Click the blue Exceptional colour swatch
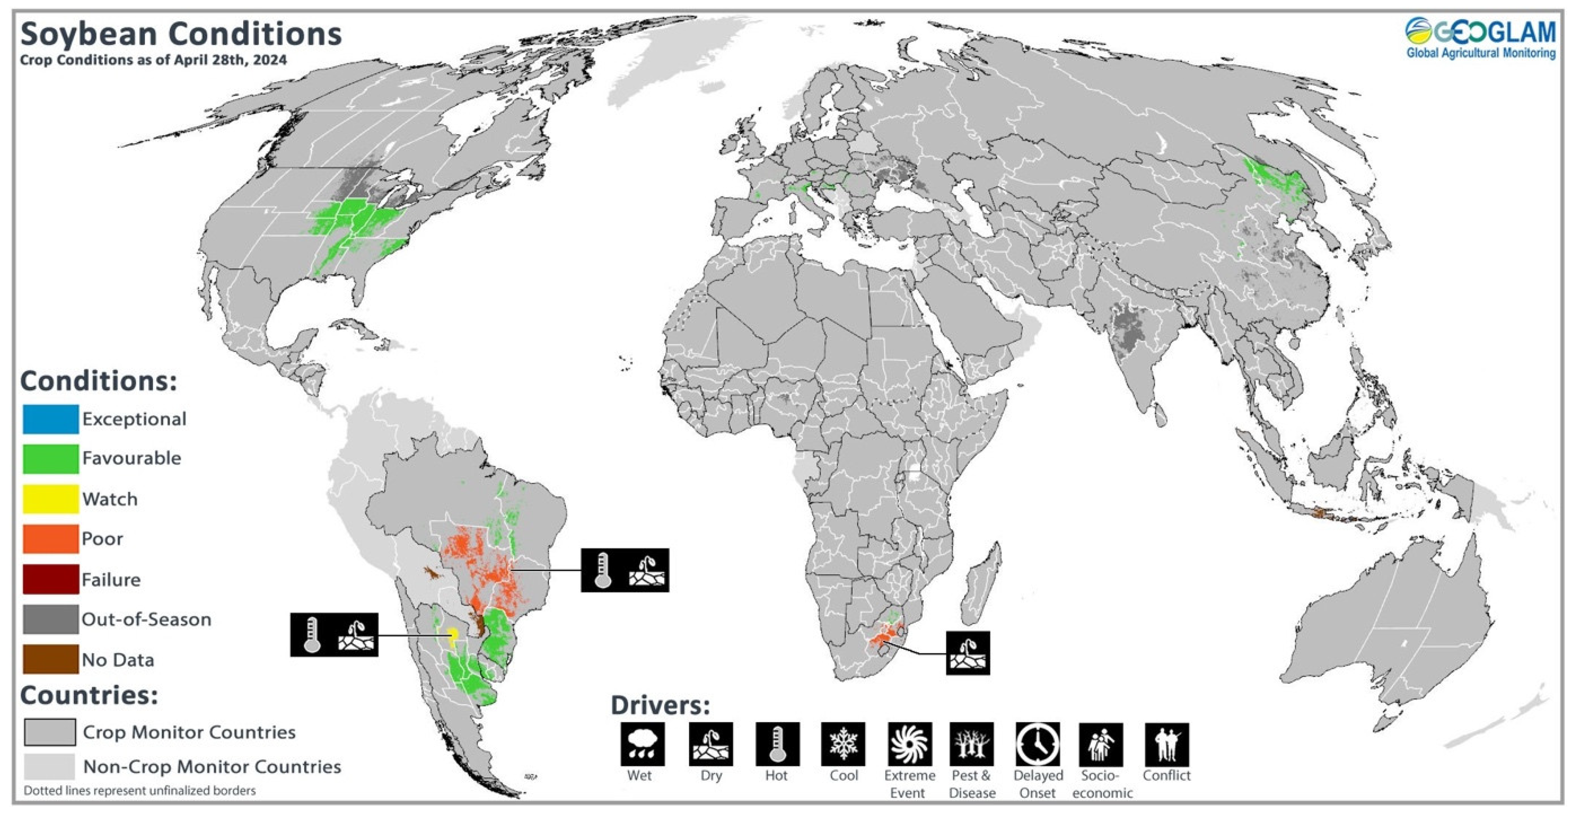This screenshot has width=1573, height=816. [x=51, y=419]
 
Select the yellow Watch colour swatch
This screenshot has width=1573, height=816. [x=51, y=498]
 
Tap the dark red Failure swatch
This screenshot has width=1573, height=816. [x=51, y=579]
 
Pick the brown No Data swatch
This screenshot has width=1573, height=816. [x=51, y=659]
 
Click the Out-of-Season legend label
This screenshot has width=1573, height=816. [x=147, y=619]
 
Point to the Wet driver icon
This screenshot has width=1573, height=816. [x=643, y=744]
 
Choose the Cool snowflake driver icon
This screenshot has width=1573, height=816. [x=843, y=744]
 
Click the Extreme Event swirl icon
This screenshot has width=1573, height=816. [x=910, y=744]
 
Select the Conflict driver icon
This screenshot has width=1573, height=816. [x=1166, y=744]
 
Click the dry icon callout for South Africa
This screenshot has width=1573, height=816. [x=968, y=652]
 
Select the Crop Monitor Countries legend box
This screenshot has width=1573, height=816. [x=50, y=732]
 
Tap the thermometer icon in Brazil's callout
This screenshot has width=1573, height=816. [x=603, y=570]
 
